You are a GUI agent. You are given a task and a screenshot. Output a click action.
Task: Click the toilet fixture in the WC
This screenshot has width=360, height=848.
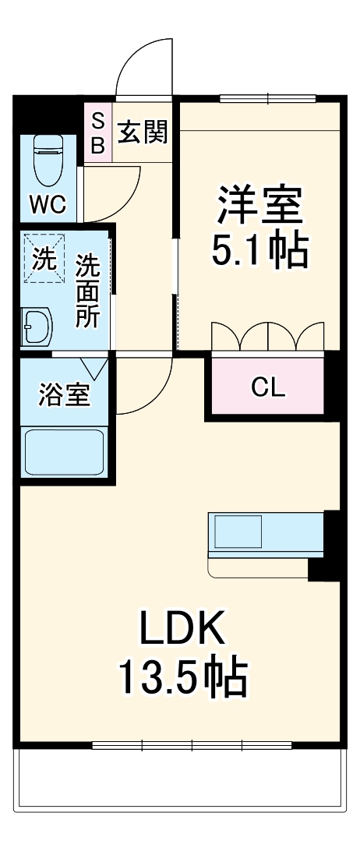point(48,160)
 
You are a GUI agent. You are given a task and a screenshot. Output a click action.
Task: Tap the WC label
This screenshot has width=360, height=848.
point(48,204)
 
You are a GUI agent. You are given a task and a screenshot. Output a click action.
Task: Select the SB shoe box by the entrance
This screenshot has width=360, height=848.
point(98,132)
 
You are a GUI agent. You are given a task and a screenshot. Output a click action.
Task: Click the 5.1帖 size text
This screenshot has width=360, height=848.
point(259,249)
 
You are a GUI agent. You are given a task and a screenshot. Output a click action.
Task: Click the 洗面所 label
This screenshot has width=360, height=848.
point(87,291)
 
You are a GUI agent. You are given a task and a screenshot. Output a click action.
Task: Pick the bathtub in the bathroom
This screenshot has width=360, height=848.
point(64,452)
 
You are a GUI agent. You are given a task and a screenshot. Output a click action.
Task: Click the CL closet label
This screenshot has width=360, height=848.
point(266,387)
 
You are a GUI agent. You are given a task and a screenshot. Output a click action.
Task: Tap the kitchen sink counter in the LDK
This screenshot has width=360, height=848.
point(265,535)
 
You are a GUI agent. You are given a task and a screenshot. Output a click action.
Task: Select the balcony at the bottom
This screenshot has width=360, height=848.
point(179,779)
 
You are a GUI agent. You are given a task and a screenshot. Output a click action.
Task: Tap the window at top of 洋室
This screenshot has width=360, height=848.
point(267,98)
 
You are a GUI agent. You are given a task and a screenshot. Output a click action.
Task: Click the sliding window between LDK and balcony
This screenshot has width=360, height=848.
point(192,745)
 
